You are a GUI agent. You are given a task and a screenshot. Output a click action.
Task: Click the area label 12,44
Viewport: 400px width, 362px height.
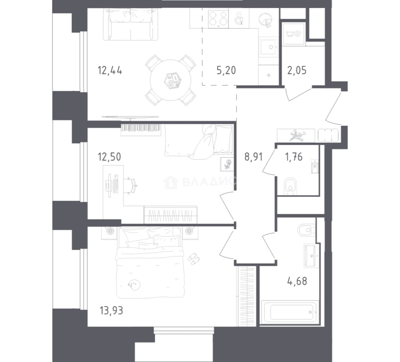pos(110,70)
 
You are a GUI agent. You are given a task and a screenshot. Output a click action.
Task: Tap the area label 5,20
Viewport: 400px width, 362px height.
pos(226,70)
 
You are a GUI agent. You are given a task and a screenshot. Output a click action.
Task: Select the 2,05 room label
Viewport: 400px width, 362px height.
pos(297,70)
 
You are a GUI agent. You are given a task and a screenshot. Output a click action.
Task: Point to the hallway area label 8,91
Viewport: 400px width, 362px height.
pos(254,157)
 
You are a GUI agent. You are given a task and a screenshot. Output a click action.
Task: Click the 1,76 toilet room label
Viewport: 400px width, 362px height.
pos(293,157)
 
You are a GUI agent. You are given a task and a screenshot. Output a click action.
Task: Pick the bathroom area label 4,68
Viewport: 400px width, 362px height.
pos(297,281)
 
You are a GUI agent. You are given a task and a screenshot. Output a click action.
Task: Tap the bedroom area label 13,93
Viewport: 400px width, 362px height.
pos(112,310)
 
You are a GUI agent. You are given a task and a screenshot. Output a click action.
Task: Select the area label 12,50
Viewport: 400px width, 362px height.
pos(110,157)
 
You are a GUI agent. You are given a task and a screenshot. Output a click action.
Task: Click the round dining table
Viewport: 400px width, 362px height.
pos(171,80)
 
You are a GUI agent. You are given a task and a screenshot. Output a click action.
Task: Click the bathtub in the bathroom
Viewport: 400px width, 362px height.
pos(290,312)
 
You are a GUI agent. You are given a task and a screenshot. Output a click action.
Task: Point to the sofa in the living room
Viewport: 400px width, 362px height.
pos(130,24)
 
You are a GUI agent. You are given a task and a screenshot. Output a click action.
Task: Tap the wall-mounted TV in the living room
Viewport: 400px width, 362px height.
pos(130,117)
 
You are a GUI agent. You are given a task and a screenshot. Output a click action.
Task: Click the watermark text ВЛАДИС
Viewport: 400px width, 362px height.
pos(208,182)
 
